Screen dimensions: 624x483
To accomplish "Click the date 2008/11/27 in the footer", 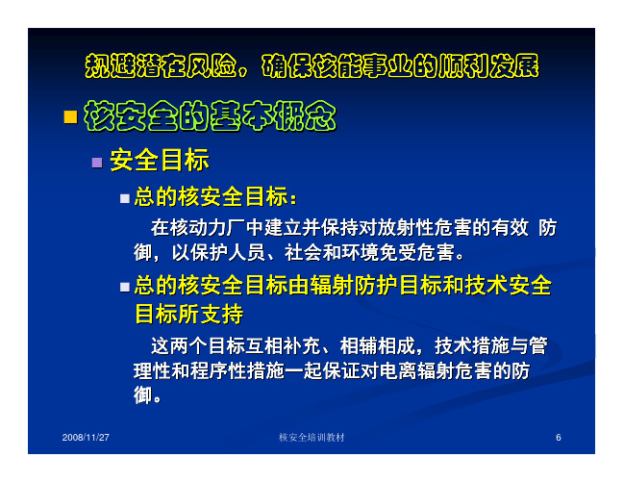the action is pyautogui.click(x=86, y=437).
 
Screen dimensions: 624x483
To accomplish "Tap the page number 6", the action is pyautogui.click(x=559, y=438).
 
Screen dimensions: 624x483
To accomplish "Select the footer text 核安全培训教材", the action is pyautogui.click(x=312, y=437).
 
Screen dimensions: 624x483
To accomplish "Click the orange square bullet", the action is pyautogui.click(x=70, y=117).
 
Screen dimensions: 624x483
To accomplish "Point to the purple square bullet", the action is pyautogui.click(x=97, y=163).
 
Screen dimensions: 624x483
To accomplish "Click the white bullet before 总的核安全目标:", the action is pyautogui.click(x=125, y=198).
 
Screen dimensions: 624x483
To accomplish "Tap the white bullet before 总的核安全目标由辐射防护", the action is pyautogui.click(x=125, y=287).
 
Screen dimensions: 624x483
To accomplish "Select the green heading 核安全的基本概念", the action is pyautogui.click(x=211, y=115).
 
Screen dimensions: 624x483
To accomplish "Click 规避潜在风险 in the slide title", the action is pyautogui.click(x=162, y=65).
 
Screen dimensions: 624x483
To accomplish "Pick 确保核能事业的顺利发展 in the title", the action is pyautogui.click(x=400, y=65).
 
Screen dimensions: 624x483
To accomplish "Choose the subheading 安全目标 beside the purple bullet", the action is pyautogui.click(x=160, y=160).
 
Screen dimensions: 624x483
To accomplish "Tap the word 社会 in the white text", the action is pyautogui.click(x=303, y=252).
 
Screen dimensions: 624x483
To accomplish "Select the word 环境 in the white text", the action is pyautogui.click(x=360, y=252).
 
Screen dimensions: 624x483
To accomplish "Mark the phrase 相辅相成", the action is pyautogui.click(x=377, y=345).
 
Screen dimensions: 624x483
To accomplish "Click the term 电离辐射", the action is pyautogui.click(x=417, y=370).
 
